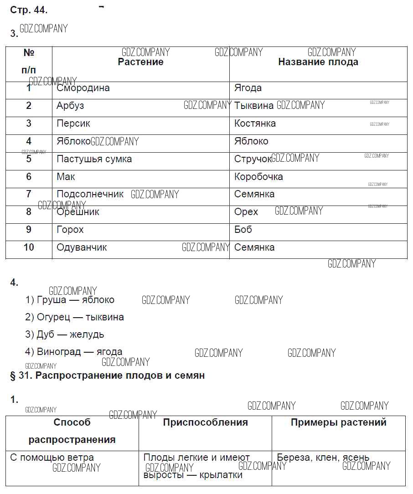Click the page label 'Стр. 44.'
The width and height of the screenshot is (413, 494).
pyautogui.click(x=29, y=10)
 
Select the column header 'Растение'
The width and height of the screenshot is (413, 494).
pyautogui.click(x=140, y=62)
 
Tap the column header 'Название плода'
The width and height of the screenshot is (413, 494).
pyautogui.click(x=318, y=62)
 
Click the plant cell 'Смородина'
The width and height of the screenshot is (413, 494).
pyautogui.click(x=83, y=88)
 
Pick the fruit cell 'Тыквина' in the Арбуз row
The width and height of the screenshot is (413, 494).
pyautogui.click(x=254, y=106)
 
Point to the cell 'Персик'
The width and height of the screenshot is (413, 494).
pyautogui.click(x=73, y=123)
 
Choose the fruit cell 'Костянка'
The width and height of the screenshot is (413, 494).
pyautogui.click(x=255, y=123)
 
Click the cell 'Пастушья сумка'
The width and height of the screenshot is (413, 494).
pyautogui.click(x=94, y=159)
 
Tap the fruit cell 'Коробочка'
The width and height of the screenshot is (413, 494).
pyautogui.click(x=258, y=176)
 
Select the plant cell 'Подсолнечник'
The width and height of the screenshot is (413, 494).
pyautogui.click(x=90, y=194)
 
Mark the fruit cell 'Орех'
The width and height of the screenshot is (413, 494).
pyautogui.click(x=246, y=212)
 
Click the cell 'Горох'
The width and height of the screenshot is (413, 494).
pyautogui.click(x=70, y=230)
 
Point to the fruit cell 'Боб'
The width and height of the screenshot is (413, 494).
pyautogui.click(x=243, y=229)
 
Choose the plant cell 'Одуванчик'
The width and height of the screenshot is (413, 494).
pyautogui.click(x=82, y=247)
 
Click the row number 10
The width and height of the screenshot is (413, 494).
pyautogui.click(x=29, y=247)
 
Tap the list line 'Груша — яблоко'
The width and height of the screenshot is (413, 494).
pyautogui.click(x=70, y=300)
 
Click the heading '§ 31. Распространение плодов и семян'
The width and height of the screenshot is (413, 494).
pyautogui.click(x=108, y=376)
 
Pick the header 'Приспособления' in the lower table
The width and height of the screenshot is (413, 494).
pyautogui.click(x=205, y=422)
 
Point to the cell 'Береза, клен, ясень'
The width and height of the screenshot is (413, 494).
pyautogui.click(x=323, y=458)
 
